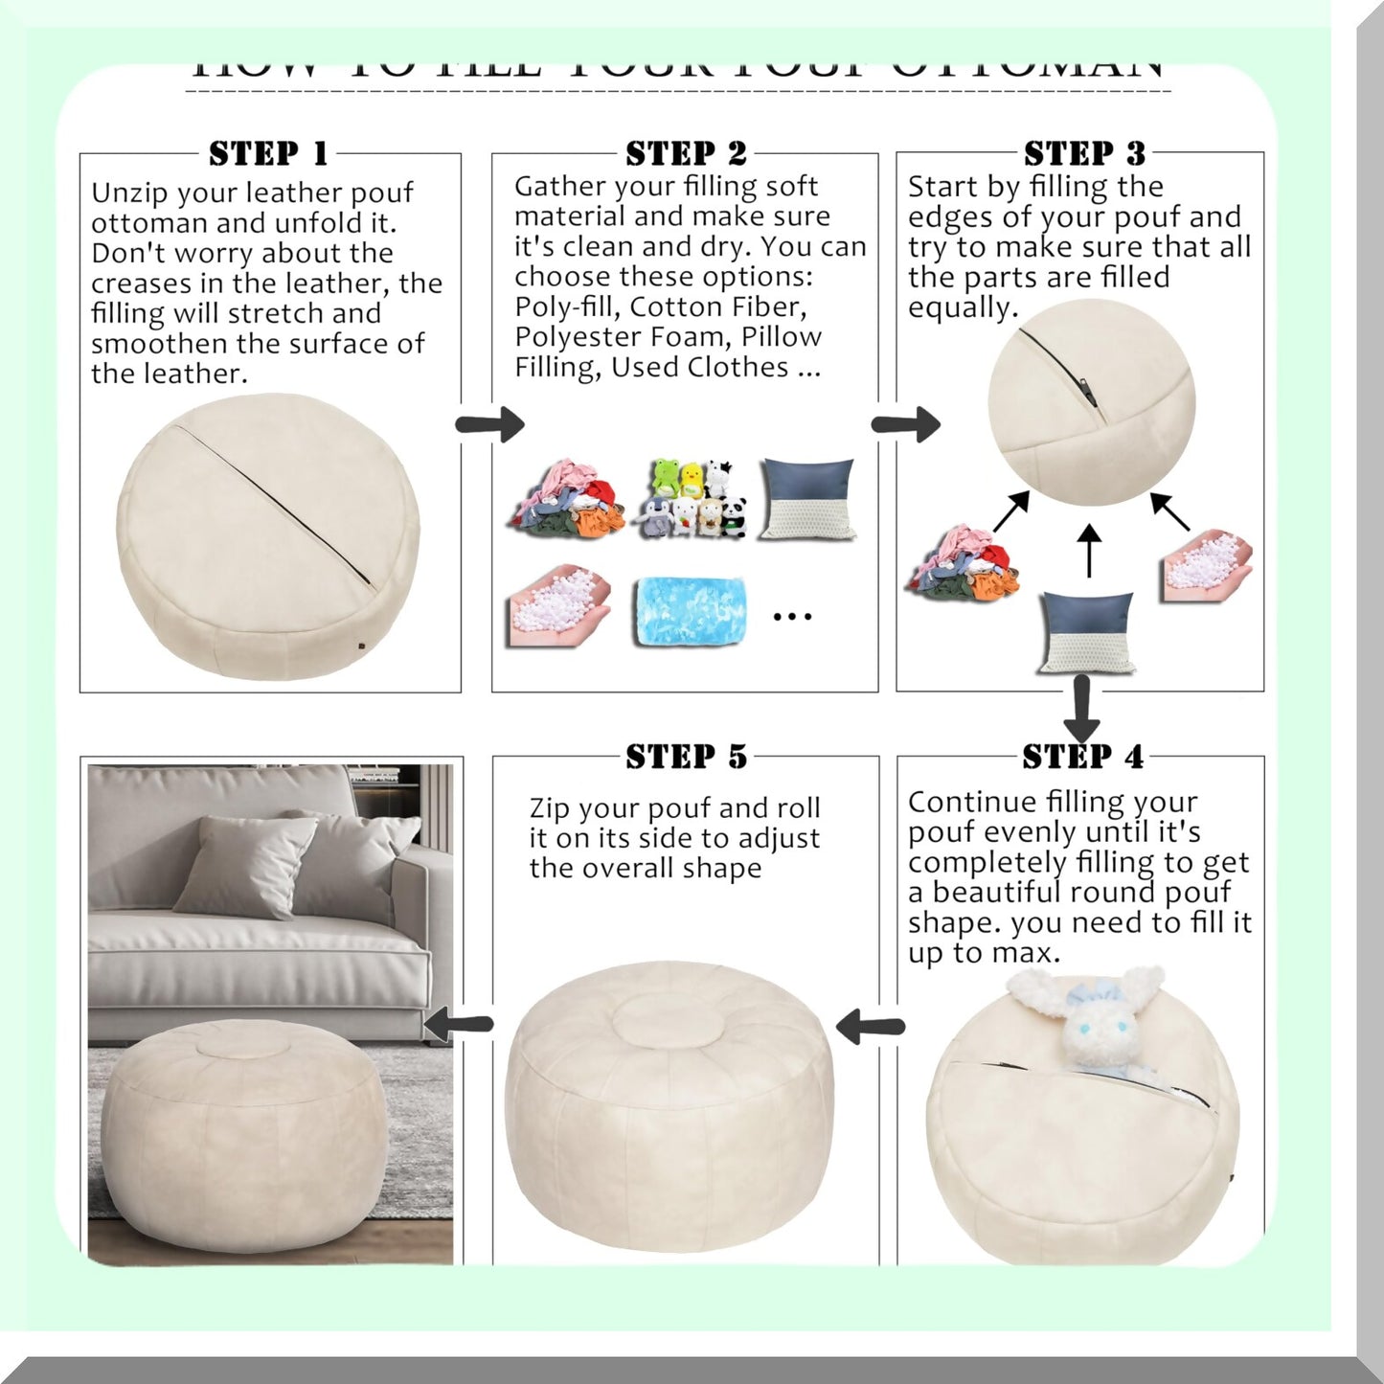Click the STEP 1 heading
[269, 153]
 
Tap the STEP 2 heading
[685, 153]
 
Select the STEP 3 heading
[1084, 153]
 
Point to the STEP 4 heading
[1082, 757]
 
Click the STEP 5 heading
[686, 757]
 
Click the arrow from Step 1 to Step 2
[489, 424]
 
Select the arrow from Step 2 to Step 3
[905, 424]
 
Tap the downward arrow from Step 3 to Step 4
[1082, 709]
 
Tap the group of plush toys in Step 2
[692, 498]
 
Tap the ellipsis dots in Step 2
[792, 617]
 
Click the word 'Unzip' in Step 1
[129, 193]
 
